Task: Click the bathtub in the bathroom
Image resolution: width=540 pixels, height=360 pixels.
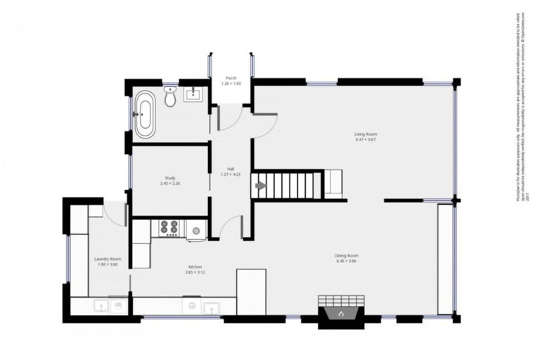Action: coord(145,113)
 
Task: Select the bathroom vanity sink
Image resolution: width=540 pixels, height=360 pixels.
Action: coord(194,94)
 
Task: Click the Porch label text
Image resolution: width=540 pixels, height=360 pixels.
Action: coord(231,78)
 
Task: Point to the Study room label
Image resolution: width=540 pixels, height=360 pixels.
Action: coord(170,178)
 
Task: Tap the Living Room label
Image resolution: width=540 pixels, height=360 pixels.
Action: coord(366,134)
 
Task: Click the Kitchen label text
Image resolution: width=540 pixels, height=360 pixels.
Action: coord(195,267)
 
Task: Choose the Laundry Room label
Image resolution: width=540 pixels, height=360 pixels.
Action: coord(108,259)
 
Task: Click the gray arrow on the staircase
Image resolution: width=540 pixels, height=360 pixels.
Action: coord(260,186)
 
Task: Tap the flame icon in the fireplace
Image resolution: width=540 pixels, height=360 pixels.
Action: coord(340,314)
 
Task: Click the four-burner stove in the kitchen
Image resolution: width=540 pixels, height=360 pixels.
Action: coord(169,227)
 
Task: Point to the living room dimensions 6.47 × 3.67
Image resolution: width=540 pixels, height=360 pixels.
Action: coord(366,140)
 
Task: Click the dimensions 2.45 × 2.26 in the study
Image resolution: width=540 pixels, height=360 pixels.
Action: coord(170,184)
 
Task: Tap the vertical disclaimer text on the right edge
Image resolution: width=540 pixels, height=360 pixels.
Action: coord(521,105)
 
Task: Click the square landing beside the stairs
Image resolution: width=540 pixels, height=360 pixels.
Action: coord(333,184)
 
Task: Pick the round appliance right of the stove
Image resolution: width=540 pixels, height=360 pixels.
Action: coord(196,229)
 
